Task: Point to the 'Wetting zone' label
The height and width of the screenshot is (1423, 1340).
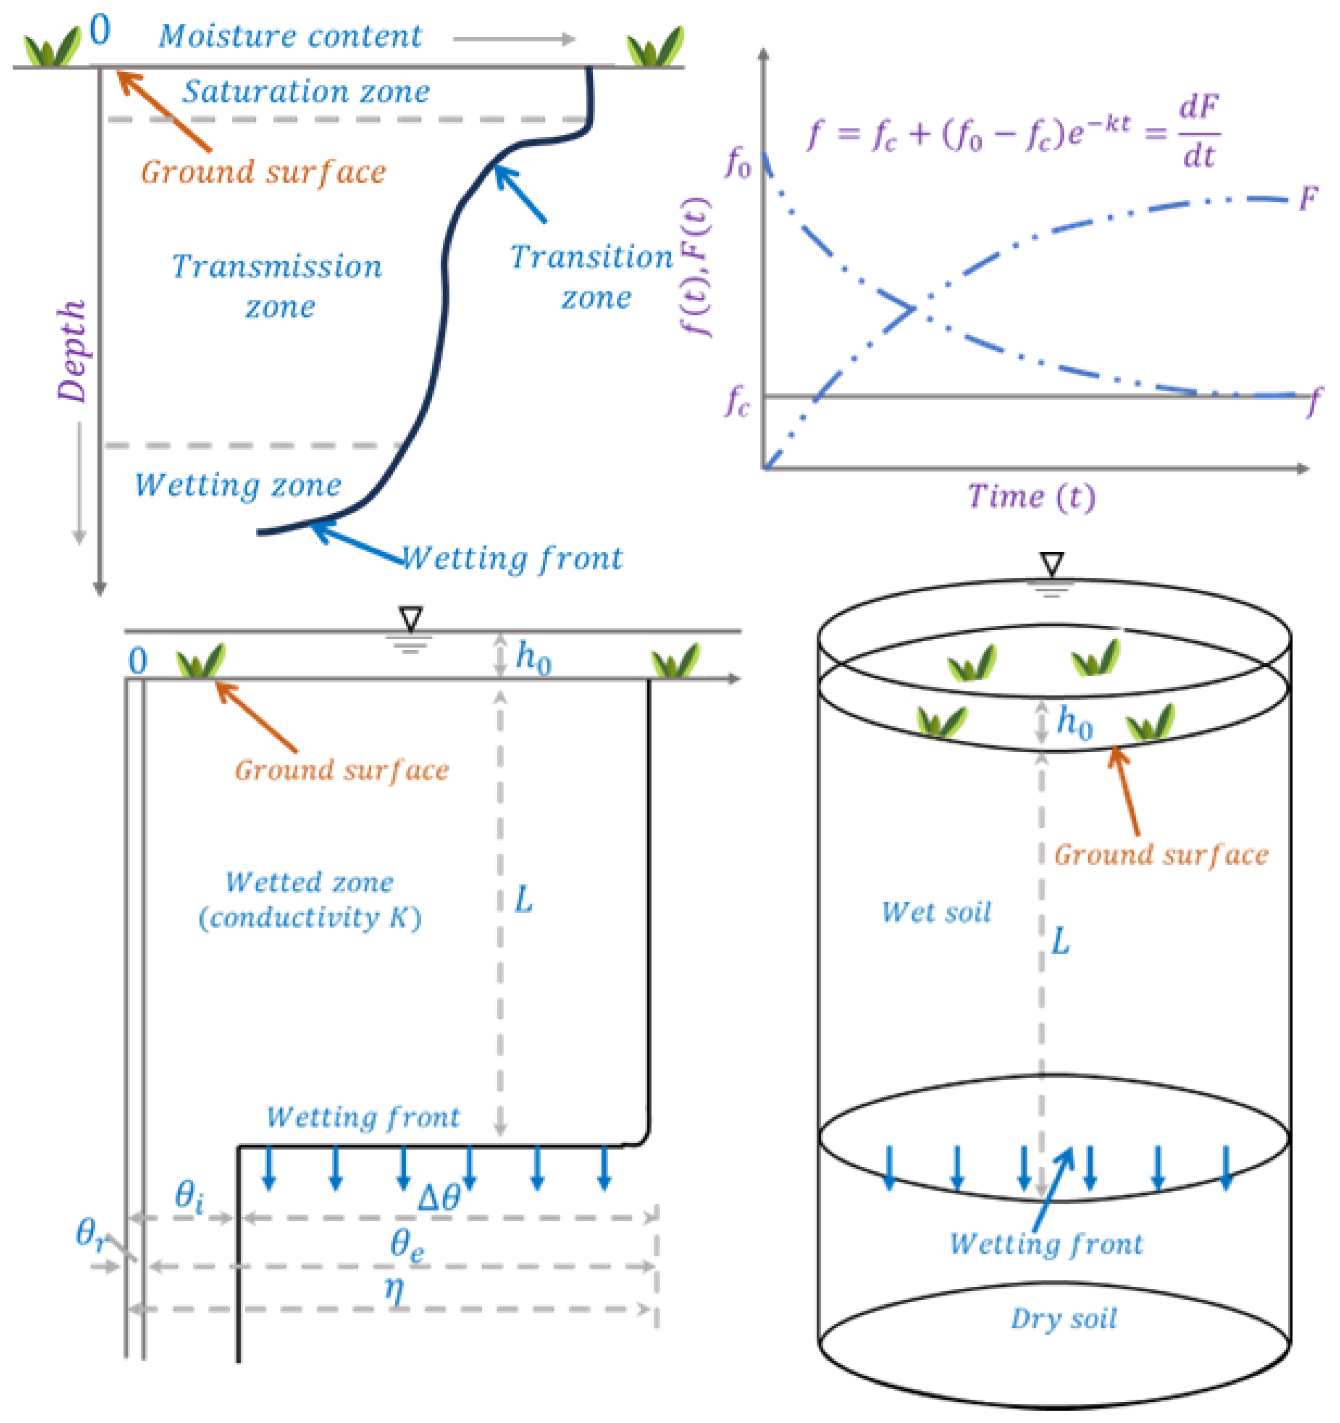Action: (x=238, y=485)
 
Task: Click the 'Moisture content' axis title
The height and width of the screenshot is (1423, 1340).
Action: (x=290, y=36)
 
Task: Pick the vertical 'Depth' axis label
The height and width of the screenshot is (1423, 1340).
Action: (x=72, y=351)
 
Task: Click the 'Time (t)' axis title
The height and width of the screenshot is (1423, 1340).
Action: (x=1031, y=496)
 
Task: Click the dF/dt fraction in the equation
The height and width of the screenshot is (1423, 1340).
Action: (x=1198, y=133)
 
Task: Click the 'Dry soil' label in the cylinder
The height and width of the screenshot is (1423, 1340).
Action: (x=1064, y=1318)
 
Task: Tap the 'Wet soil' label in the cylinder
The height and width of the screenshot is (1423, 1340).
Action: (x=936, y=912)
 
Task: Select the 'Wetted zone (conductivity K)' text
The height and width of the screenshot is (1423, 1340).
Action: (x=310, y=900)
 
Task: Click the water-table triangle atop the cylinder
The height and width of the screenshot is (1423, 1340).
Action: (x=1052, y=564)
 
